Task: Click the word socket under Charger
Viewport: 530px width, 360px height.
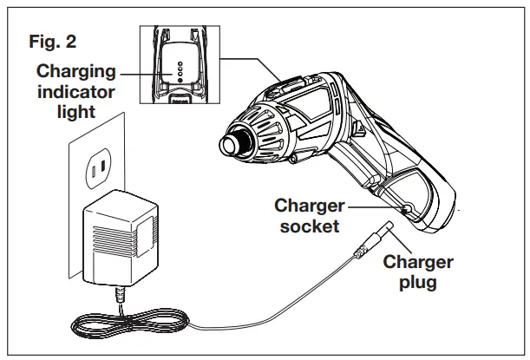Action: click(x=306, y=227)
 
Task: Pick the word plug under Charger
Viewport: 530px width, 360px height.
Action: click(x=418, y=283)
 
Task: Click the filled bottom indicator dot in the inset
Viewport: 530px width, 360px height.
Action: click(x=179, y=78)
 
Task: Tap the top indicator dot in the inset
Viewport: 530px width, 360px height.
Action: click(x=179, y=63)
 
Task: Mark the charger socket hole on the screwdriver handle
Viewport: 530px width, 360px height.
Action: click(x=406, y=208)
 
